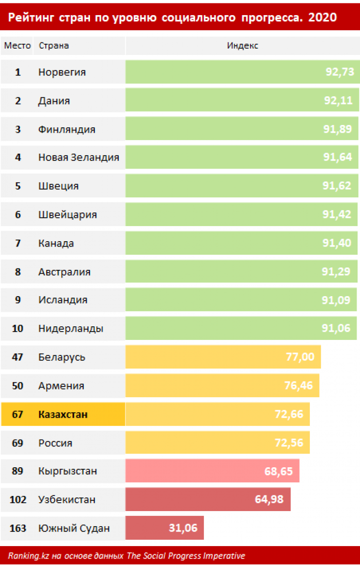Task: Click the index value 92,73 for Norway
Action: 339,72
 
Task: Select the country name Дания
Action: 54,101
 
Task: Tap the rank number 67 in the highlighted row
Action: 18,414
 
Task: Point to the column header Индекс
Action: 242,46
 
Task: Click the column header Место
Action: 18,46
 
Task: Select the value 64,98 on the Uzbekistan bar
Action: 269,499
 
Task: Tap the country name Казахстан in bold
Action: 63,414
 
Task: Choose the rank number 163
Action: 18,528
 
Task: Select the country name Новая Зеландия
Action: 78,158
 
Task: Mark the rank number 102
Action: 18,499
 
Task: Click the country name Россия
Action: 55,443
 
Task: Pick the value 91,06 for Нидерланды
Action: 336,329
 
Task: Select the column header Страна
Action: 54,46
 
